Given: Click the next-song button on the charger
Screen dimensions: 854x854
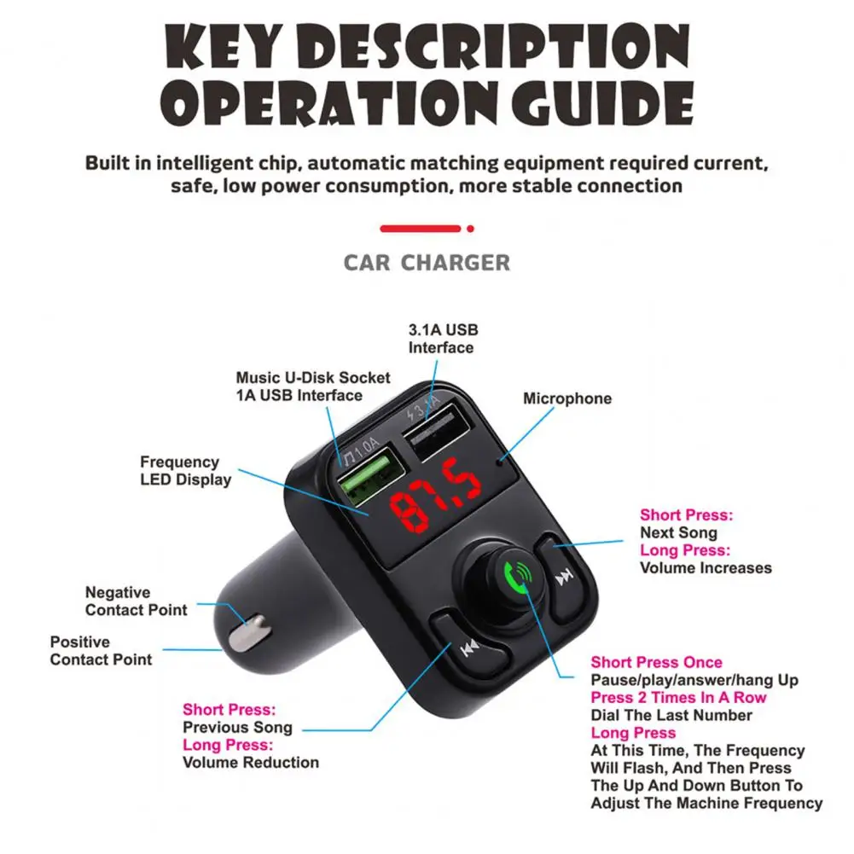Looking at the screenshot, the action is click(564, 579).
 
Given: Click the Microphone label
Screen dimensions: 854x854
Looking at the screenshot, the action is click(566, 398).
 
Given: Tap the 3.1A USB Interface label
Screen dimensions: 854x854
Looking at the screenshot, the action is click(443, 339).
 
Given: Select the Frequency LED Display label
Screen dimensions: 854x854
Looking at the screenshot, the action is click(185, 471).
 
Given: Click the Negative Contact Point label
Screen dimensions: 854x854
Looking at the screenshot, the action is click(136, 601).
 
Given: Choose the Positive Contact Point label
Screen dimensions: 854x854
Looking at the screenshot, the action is click(101, 651).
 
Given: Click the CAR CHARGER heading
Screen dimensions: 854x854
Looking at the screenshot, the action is click(427, 262).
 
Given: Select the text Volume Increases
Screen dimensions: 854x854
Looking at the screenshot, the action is click(706, 568).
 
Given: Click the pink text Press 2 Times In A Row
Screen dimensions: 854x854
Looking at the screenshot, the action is click(678, 698).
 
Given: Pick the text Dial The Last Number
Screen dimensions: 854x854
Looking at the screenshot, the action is click(671, 716).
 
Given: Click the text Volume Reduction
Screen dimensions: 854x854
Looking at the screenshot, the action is click(250, 763).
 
